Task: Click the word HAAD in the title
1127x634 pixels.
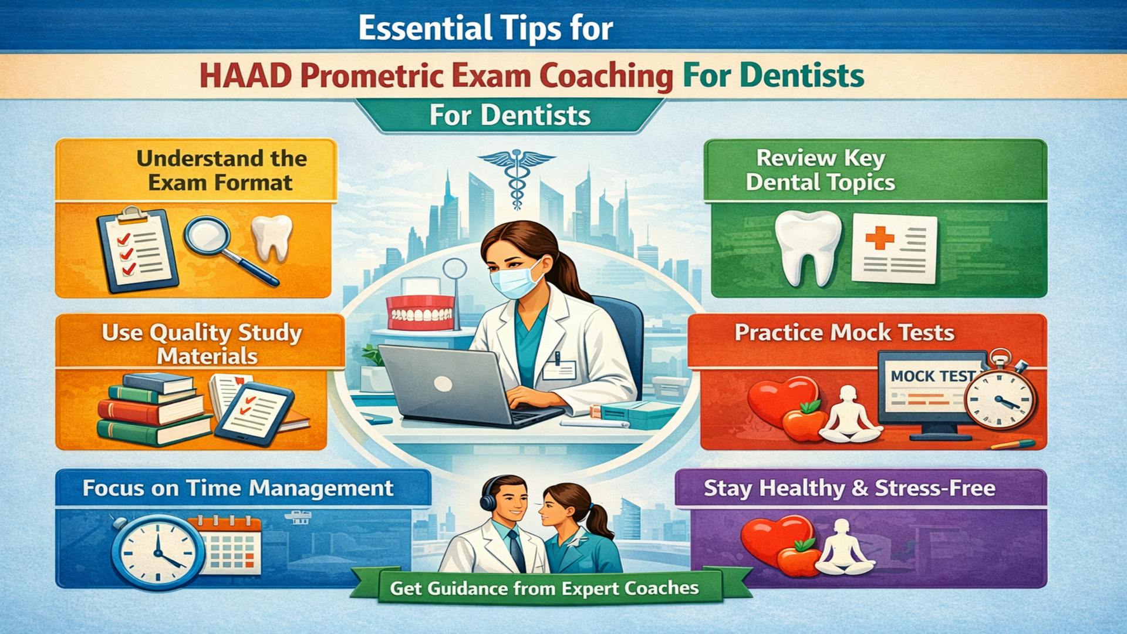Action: point(245,76)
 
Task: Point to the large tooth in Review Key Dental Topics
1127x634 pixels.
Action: point(807,247)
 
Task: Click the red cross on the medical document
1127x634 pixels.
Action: point(879,238)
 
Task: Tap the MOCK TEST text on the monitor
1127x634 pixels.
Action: point(932,376)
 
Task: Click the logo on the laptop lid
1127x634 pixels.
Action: point(443,384)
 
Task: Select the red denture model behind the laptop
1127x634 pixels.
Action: point(420,312)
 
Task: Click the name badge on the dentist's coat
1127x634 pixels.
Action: point(559,369)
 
